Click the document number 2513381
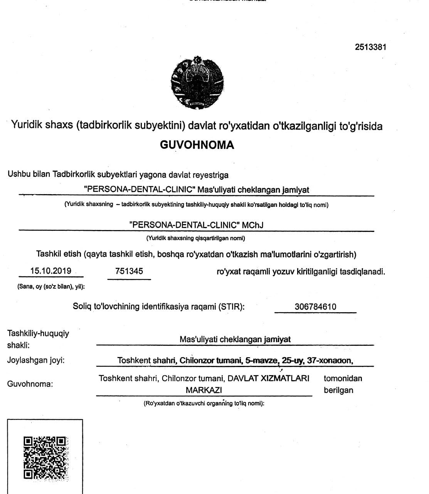(x=370, y=47)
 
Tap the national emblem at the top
(x=197, y=82)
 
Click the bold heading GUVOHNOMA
(x=197, y=145)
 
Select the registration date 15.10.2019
(x=51, y=271)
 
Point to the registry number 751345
(x=129, y=271)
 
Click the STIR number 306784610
(x=315, y=307)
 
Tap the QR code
(x=45, y=458)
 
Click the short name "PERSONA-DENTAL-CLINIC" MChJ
(x=197, y=225)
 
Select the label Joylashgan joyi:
(x=36, y=360)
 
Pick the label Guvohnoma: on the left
(x=30, y=384)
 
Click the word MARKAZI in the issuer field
(x=204, y=390)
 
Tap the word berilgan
(x=338, y=390)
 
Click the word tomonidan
(x=343, y=378)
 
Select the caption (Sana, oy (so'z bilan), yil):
(x=51, y=286)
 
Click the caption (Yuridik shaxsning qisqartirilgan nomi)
(x=195, y=238)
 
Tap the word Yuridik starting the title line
(x=27, y=125)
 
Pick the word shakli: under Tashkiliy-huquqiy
(x=19, y=345)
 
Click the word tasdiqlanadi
(x=362, y=271)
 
